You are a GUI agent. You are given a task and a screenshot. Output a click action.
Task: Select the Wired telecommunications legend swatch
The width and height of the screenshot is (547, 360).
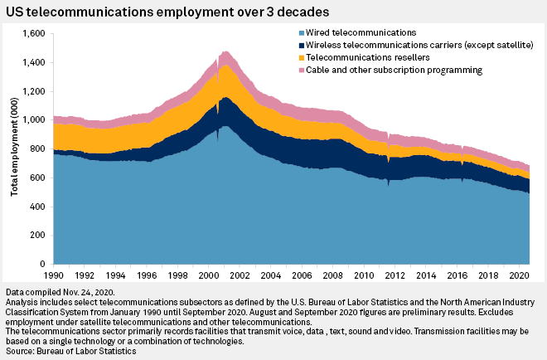click(x=300, y=31)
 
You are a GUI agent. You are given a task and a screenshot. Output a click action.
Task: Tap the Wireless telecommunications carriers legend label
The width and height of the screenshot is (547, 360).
click(x=406, y=44)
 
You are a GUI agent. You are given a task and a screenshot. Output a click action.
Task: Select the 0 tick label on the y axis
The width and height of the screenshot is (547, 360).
click(x=46, y=264)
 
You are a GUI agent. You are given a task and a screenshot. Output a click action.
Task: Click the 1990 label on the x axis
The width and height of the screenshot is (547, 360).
click(x=54, y=275)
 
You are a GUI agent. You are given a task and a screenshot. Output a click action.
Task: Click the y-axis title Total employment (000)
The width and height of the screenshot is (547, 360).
click(x=14, y=149)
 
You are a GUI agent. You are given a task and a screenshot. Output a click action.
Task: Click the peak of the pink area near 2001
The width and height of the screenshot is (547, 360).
click(x=224, y=51)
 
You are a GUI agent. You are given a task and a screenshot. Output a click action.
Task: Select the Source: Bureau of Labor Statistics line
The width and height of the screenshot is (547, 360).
click(x=71, y=352)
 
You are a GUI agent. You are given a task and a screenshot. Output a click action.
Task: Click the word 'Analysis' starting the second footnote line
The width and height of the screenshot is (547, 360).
click(x=22, y=303)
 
